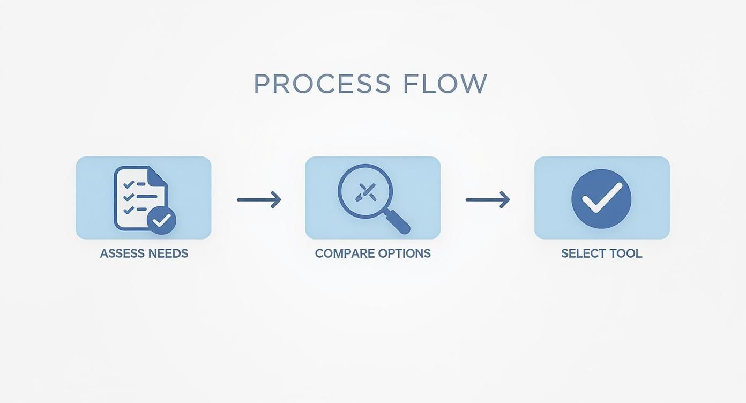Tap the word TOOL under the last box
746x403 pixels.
click(x=625, y=253)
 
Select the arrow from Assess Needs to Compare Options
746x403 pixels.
click(x=259, y=200)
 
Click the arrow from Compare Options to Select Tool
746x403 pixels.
click(x=488, y=200)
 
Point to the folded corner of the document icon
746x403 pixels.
click(x=157, y=176)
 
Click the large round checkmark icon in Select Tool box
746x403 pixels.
click(x=601, y=199)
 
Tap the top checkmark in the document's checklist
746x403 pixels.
click(x=129, y=184)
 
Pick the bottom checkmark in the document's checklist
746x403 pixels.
click(x=129, y=209)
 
